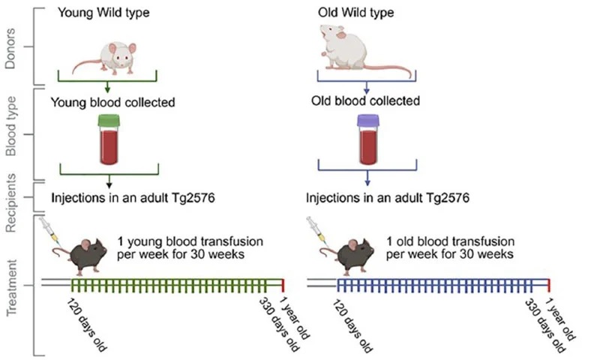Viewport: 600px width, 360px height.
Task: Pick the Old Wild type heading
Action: pos(362,12)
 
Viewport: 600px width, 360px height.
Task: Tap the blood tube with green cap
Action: pos(110,139)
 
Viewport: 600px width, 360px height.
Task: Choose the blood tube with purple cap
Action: pos(367,139)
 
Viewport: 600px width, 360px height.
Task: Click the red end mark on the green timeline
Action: pos(283,286)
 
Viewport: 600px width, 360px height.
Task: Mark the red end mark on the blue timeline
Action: pos(548,286)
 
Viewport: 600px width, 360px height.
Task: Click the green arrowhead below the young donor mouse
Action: pos(109,86)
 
